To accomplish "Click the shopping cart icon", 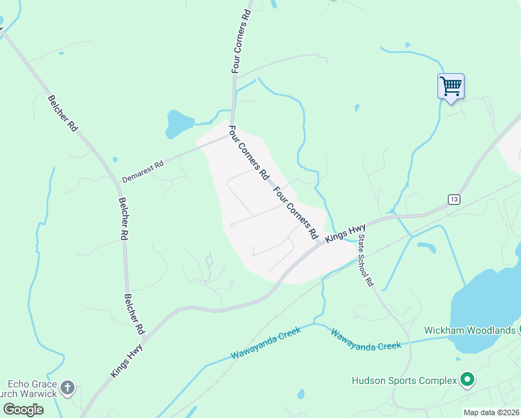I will (x=451, y=87).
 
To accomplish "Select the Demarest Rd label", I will (x=142, y=171).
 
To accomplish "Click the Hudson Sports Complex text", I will (x=403, y=380).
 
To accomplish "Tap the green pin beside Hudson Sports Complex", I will (x=467, y=380).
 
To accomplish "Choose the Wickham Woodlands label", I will (x=470, y=330).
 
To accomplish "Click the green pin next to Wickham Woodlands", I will (x=520, y=330).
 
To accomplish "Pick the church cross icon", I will (x=67, y=388).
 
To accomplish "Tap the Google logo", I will (x=23, y=409).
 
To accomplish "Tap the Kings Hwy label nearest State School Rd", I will (x=346, y=231).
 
